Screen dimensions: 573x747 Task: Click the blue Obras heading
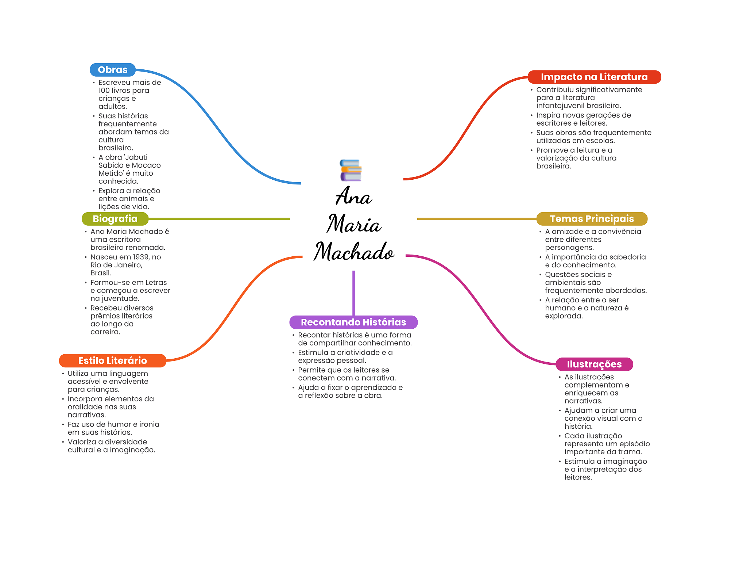coord(112,70)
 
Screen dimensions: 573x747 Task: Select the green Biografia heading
coord(115,219)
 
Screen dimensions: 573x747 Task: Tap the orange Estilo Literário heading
coord(112,360)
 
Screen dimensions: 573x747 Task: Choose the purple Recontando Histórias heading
coord(353,322)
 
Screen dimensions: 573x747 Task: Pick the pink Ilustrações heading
coord(594,364)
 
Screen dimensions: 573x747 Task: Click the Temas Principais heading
coord(592,219)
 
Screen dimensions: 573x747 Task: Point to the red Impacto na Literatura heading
coord(594,77)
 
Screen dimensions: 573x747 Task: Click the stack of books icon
coord(351,170)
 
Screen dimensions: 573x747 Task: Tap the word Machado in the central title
coord(354,252)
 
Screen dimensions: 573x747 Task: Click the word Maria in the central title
coord(354,224)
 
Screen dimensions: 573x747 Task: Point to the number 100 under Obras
coord(104,91)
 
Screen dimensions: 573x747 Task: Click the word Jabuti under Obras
coord(136,157)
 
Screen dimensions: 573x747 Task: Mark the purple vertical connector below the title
coord(353,292)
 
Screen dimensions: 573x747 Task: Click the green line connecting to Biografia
coord(219,219)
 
